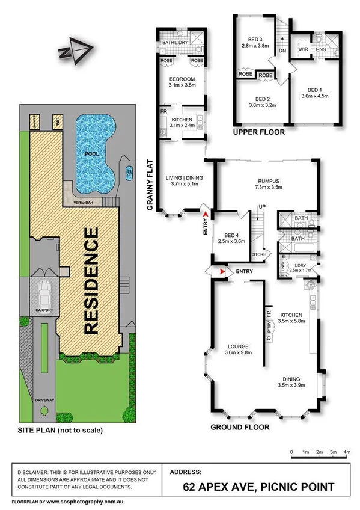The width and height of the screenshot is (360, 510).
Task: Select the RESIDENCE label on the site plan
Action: point(92,280)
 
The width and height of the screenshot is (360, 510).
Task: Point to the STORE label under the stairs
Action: point(259,255)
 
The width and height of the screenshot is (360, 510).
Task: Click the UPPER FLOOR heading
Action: point(258,131)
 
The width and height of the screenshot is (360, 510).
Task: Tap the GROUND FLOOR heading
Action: point(239,428)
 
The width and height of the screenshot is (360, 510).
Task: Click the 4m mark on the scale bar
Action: point(347,452)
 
